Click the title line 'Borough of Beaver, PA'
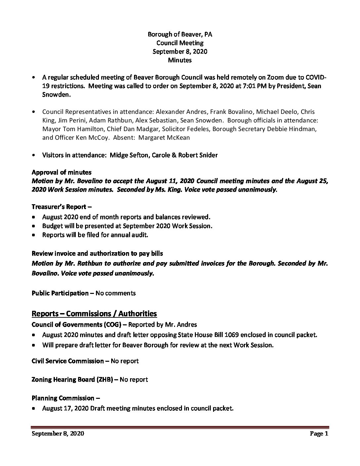point(180,34)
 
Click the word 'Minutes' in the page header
point(180,60)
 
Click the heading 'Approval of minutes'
point(62,172)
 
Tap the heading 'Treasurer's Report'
point(59,207)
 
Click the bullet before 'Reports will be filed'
point(34,235)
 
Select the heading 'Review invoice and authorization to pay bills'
point(97,254)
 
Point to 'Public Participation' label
point(60,293)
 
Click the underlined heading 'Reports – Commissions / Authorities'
point(94,313)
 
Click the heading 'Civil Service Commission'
point(67,361)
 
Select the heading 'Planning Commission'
point(63,398)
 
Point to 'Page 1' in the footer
point(319,434)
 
